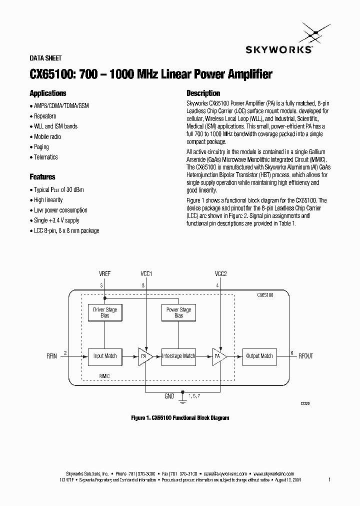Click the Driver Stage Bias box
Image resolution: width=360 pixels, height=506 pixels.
pyautogui.click(x=105, y=312)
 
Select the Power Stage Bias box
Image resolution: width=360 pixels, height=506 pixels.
pyautogui.click(x=178, y=312)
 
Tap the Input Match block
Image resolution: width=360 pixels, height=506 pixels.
pyautogui.click(x=105, y=356)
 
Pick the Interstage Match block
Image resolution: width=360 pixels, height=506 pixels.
pyautogui.click(x=178, y=356)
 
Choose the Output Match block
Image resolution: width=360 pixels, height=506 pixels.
pyautogui.click(x=259, y=356)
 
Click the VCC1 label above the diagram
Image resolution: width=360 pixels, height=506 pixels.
pyautogui.click(x=146, y=274)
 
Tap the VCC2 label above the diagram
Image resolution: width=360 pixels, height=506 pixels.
pyautogui.click(x=221, y=274)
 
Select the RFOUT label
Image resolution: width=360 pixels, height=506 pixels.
pyautogui.click(x=305, y=356)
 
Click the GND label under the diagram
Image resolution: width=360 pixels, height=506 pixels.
pyautogui.click(x=169, y=396)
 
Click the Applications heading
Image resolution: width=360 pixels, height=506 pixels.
pyautogui.click(x=48, y=93)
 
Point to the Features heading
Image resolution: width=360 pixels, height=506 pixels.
pyautogui.click(x=42, y=177)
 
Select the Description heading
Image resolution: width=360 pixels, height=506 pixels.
pyautogui.click(x=203, y=93)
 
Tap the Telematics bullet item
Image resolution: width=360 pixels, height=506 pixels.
pyautogui.click(x=46, y=157)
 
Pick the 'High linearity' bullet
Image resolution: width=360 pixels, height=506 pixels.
pyautogui.click(x=48, y=200)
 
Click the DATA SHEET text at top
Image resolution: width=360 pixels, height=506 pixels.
pyautogui.click(x=45, y=58)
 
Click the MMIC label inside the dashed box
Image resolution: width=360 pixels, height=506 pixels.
pyautogui.click(x=104, y=375)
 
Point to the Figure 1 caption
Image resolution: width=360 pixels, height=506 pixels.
pyautogui.click(x=180, y=417)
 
